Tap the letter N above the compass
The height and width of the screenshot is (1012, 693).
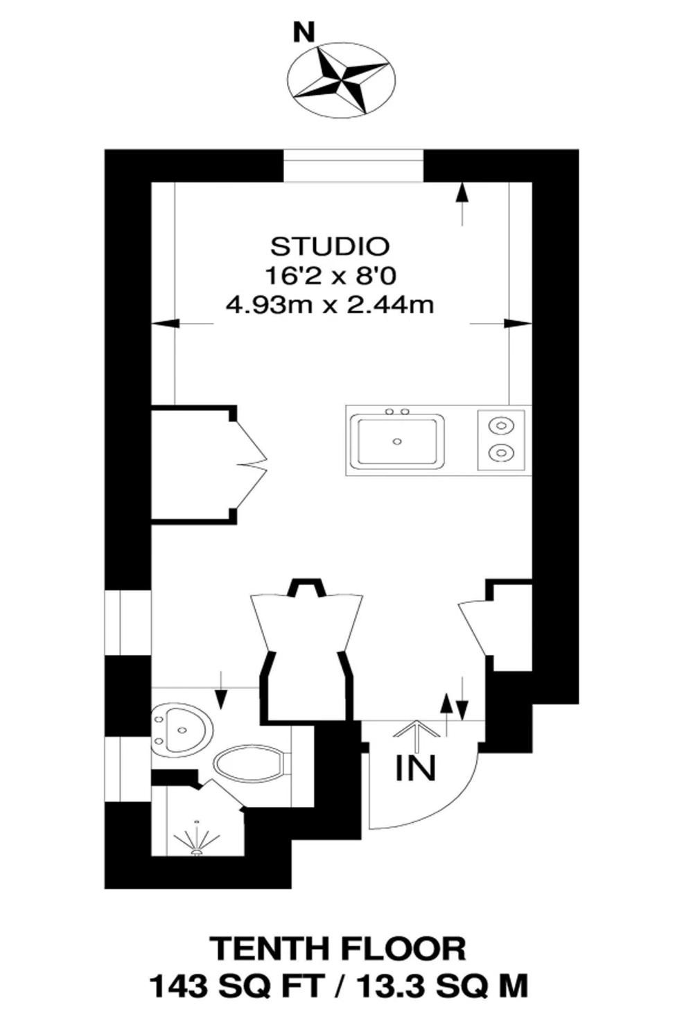point(304,33)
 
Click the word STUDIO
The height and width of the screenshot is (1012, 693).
point(330,246)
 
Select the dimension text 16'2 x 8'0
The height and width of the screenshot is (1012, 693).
point(331,276)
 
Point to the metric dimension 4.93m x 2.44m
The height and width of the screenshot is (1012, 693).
point(330,306)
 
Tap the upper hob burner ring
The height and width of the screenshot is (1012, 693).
point(500,426)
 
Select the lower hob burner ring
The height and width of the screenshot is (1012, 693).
point(500,451)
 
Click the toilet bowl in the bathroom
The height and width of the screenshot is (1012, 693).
point(251,765)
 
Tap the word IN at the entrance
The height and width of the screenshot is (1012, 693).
point(416,768)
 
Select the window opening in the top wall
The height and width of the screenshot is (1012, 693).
point(353,166)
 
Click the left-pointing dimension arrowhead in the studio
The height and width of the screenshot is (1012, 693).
point(166,324)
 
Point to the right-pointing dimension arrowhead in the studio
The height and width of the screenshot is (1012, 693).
point(518,324)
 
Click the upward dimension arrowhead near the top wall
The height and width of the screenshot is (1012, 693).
point(462,194)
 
